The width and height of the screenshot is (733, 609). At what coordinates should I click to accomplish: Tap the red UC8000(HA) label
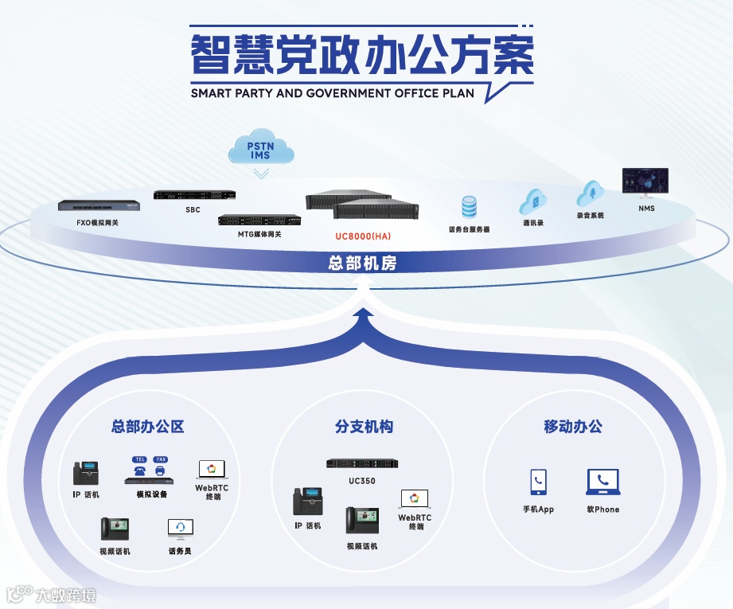(362, 236)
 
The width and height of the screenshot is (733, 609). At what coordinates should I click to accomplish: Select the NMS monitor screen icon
(645, 183)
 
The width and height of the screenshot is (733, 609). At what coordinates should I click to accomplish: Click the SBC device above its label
(195, 195)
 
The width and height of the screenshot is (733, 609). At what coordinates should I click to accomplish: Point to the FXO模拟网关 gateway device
(98, 206)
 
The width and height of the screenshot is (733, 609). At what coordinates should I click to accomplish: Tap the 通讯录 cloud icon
(532, 201)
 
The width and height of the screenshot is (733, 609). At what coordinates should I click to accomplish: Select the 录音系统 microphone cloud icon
(590, 194)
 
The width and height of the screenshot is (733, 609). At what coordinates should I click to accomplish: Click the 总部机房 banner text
(362, 264)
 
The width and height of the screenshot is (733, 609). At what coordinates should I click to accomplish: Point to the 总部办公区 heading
(147, 427)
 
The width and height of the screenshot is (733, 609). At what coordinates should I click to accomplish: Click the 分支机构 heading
(364, 427)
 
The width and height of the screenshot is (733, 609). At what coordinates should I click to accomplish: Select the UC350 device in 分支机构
(362, 463)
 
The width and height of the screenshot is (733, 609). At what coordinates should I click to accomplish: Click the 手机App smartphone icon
(538, 482)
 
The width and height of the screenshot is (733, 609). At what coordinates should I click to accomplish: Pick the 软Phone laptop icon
(602, 482)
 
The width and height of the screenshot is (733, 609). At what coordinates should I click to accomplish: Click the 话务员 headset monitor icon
(181, 528)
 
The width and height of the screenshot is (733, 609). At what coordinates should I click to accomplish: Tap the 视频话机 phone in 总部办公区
(115, 529)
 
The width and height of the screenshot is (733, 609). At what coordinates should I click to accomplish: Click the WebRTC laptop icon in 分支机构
(414, 499)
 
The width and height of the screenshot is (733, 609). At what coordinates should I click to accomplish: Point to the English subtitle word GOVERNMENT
(344, 93)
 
